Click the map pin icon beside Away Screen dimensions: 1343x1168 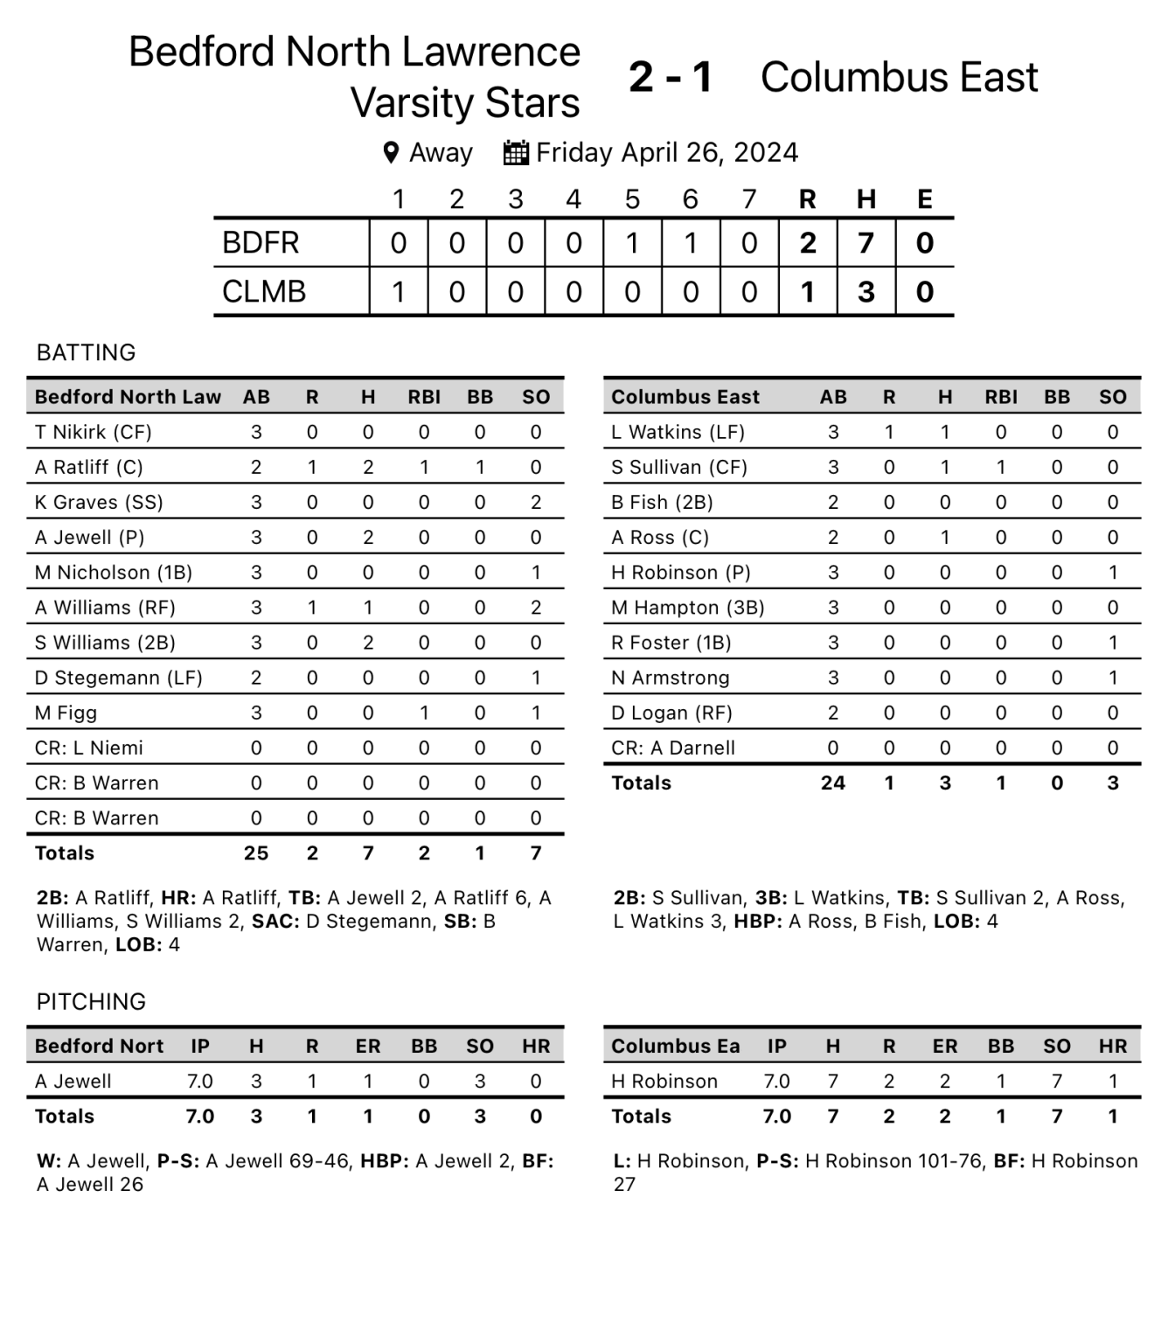pos(391,153)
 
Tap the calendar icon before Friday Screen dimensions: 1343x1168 pos(516,153)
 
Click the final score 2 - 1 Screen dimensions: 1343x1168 pos(671,77)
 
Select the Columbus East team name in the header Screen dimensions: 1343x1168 pos(899,77)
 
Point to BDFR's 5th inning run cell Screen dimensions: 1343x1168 pos(632,243)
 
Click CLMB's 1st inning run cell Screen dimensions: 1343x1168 pos(399,291)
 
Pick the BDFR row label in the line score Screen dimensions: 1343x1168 pos(261,243)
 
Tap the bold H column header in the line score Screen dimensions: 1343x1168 pos(866,200)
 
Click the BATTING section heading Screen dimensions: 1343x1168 pos(87,352)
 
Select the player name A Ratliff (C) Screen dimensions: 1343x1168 pos(88,467)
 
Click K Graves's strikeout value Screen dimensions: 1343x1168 pos(536,502)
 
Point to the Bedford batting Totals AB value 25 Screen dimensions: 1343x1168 pos(256,853)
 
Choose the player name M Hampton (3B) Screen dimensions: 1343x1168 pos(687,608)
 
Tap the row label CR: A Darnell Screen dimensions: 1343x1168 pos(673,748)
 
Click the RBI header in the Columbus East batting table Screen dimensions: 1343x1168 pos(1001,397)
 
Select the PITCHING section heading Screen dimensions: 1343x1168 pos(91,1001)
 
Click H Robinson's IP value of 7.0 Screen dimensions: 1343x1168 pos(776,1082)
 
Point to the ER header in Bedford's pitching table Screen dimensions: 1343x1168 pos(368,1047)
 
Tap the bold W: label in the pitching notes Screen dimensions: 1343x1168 pos(49,1161)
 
